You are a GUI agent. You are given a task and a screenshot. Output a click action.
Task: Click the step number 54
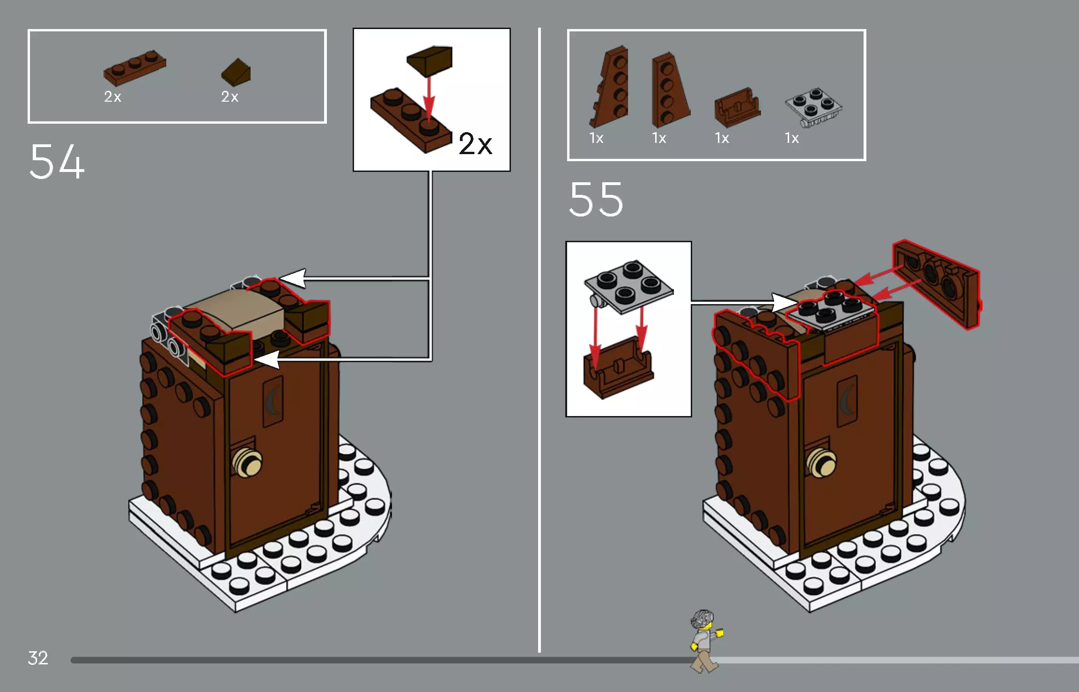point(57,162)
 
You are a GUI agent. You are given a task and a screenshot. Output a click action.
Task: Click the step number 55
point(596,200)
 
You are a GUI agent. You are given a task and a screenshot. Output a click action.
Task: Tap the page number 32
point(38,658)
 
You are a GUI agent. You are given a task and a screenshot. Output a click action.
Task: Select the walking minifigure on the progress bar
point(705,640)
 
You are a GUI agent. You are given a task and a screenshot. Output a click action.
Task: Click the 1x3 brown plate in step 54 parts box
point(135,68)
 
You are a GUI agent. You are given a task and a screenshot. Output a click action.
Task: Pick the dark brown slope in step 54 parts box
point(236,72)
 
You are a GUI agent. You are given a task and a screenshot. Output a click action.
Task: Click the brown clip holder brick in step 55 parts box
point(737,107)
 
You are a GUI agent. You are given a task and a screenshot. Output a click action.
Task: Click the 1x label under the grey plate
point(791,138)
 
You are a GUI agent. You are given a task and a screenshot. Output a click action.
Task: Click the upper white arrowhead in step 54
point(293,278)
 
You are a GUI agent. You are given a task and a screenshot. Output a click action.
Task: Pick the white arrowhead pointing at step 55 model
point(785,302)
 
